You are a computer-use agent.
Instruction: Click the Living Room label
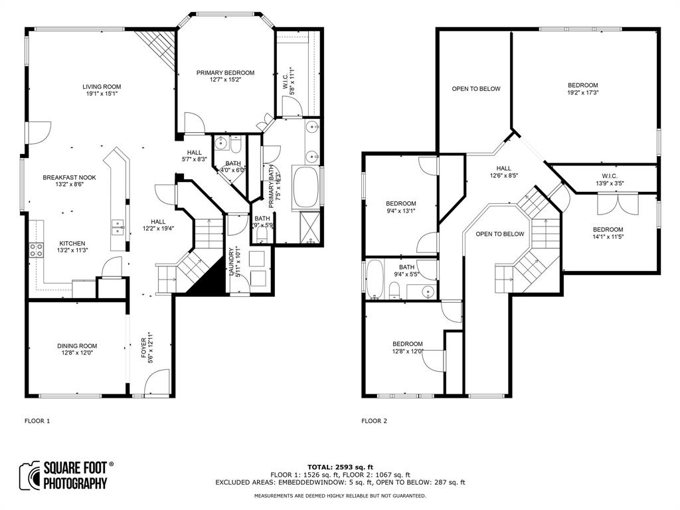pos(102,86)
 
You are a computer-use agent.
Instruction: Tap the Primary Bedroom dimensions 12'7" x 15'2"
pos(225,80)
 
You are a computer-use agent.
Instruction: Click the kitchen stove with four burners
pos(37,250)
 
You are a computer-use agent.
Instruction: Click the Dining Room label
pos(77,346)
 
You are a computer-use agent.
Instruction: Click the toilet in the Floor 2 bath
pos(394,289)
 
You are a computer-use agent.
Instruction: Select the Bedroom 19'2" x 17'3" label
pos(582,85)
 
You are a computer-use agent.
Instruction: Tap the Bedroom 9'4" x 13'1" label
pos(401,204)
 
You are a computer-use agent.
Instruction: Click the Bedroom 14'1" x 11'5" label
pos(608,230)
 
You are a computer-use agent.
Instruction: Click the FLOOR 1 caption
pos(37,421)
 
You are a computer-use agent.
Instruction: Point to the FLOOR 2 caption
pos(375,421)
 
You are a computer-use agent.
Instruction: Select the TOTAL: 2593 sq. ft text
pos(340,467)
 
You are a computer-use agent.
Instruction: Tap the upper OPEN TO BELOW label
pos(476,89)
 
